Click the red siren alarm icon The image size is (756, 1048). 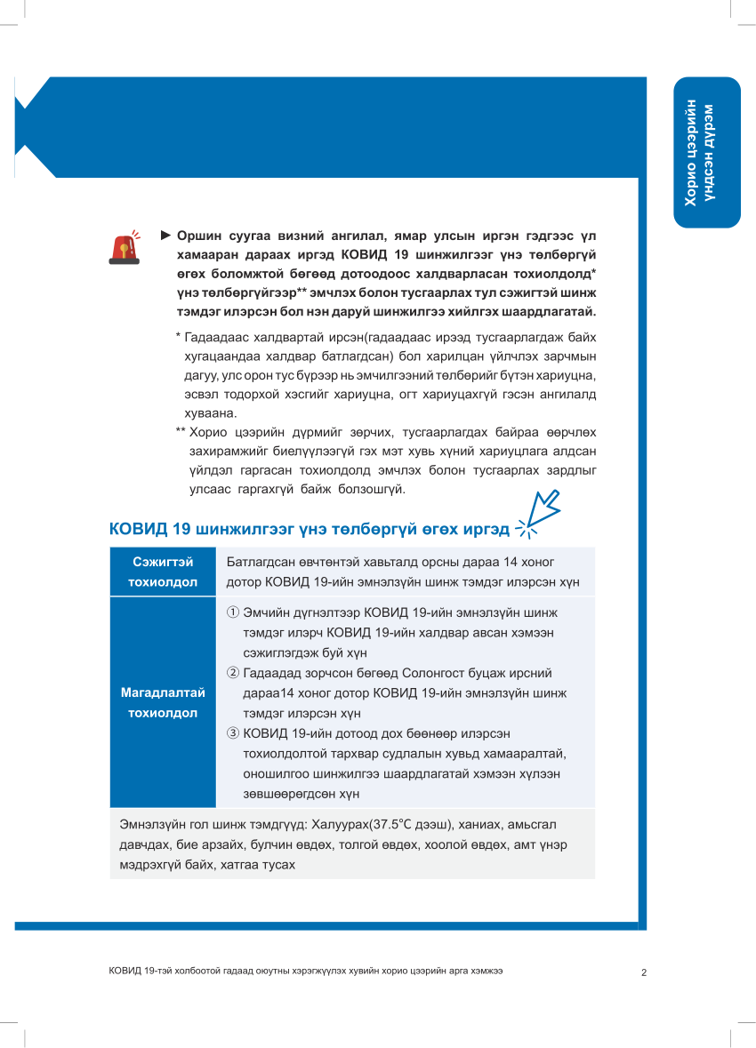click(124, 248)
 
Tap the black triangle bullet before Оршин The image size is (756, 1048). click(165, 236)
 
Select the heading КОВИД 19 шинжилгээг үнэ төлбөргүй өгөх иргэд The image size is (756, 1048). click(309, 530)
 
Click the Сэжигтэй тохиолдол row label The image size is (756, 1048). click(163, 572)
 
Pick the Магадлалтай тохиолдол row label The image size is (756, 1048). click(163, 703)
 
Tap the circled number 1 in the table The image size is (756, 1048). click(233, 612)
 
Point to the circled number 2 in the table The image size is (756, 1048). click(233, 673)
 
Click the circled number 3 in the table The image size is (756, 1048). click(233, 733)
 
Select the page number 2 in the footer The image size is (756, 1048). click(643, 972)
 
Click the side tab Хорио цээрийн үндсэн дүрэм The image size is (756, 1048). click(706, 153)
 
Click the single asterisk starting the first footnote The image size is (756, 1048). click(178, 338)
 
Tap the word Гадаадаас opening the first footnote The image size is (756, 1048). click(216, 338)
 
